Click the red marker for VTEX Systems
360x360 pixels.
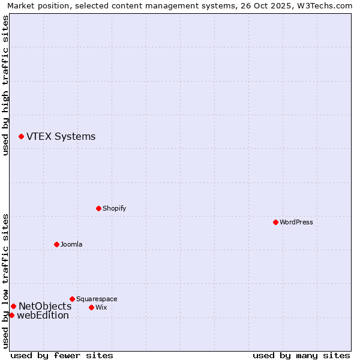click(21, 137)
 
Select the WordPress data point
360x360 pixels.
click(275, 222)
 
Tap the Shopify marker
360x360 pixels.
click(98, 208)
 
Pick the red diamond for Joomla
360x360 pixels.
click(56, 244)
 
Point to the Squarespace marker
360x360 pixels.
click(72, 299)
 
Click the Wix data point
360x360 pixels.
click(91, 307)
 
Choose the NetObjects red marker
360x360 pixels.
click(13, 306)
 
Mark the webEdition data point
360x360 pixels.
click(11, 315)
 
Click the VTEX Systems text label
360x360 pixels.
click(61, 137)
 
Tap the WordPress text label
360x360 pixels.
click(296, 222)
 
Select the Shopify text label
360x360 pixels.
click(114, 208)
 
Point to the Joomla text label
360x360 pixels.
click(71, 244)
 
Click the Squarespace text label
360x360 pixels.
click(97, 299)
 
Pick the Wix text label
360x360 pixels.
click(101, 307)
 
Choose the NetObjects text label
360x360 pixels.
click(45, 307)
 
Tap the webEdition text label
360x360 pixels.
click(43, 316)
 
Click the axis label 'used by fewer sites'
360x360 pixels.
click(62, 355)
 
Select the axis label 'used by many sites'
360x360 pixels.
click(301, 355)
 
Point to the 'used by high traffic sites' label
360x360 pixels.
click(5, 86)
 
